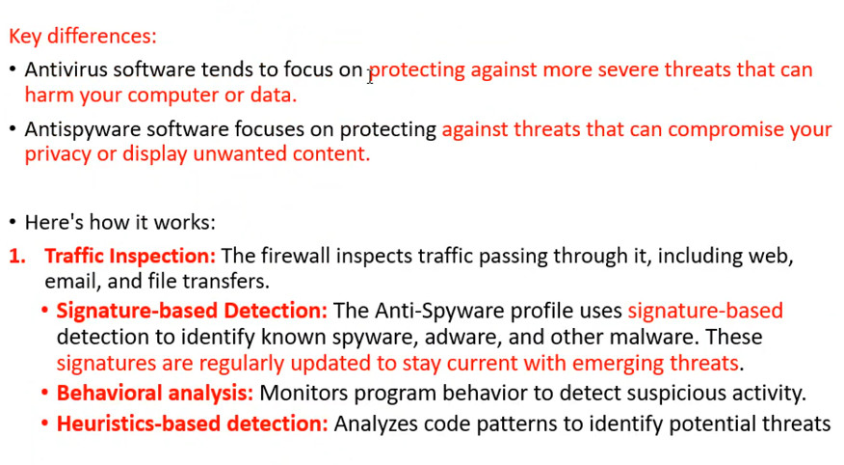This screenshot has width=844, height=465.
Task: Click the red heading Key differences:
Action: tap(82, 36)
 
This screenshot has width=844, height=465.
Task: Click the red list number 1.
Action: tap(17, 256)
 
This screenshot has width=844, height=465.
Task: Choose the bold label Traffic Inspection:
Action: tap(130, 256)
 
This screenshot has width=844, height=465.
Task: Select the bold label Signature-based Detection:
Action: tap(192, 311)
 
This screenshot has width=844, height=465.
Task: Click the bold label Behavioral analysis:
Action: tap(155, 393)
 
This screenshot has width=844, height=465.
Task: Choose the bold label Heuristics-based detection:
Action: tap(192, 424)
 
